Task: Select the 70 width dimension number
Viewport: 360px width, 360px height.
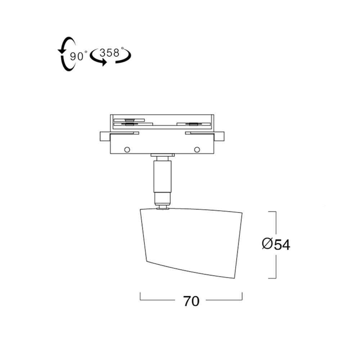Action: pos(191,301)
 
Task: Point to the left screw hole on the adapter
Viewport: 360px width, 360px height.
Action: pos(127,150)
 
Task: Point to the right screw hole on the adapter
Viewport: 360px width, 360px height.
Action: pos(197,150)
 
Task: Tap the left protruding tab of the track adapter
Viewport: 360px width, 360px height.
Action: pos(105,136)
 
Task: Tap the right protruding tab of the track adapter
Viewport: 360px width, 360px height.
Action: pos(219,136)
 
